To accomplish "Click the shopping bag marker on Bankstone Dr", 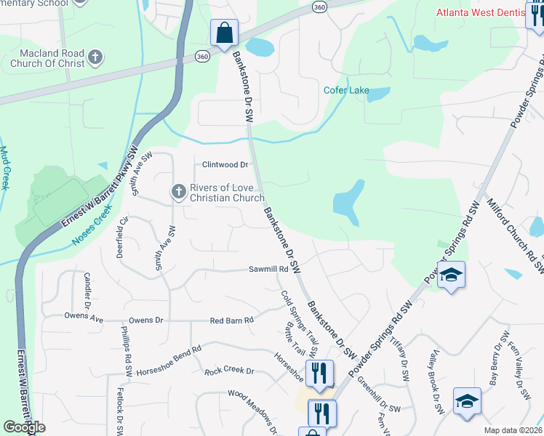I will pos(224,33).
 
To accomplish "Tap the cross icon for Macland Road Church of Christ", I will pos(95,57).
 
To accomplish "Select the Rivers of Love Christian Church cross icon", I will pos(178,192).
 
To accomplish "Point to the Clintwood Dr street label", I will pos(225,165).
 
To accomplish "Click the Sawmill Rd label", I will pos(269,269).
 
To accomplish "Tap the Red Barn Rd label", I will pos(231,320).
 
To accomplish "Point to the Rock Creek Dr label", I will pos(229,371).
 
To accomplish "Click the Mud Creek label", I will pos(4,168).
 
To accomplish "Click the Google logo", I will pos(24,427).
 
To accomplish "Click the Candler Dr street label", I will pos(87,289).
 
